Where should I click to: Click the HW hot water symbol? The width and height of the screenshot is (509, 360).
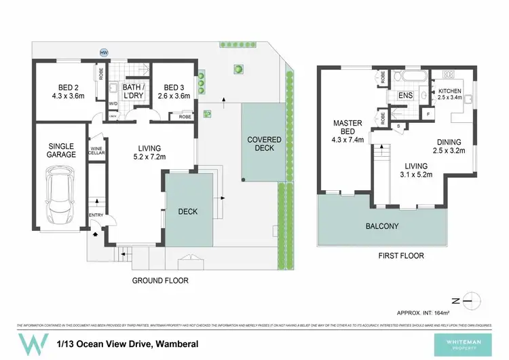tap(104, 52)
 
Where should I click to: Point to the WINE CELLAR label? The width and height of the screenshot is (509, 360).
tap(96, 151)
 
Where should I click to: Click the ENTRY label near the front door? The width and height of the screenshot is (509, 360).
tap(95, 216)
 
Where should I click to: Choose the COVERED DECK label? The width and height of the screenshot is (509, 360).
tap(263, 144)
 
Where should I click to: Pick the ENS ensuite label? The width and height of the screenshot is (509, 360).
tap(405, 96)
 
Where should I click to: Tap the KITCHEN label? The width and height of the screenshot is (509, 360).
tap(449, 91)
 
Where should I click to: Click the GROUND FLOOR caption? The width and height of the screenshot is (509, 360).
tap(161, 280)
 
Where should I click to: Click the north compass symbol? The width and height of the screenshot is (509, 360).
tap(473, 300)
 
